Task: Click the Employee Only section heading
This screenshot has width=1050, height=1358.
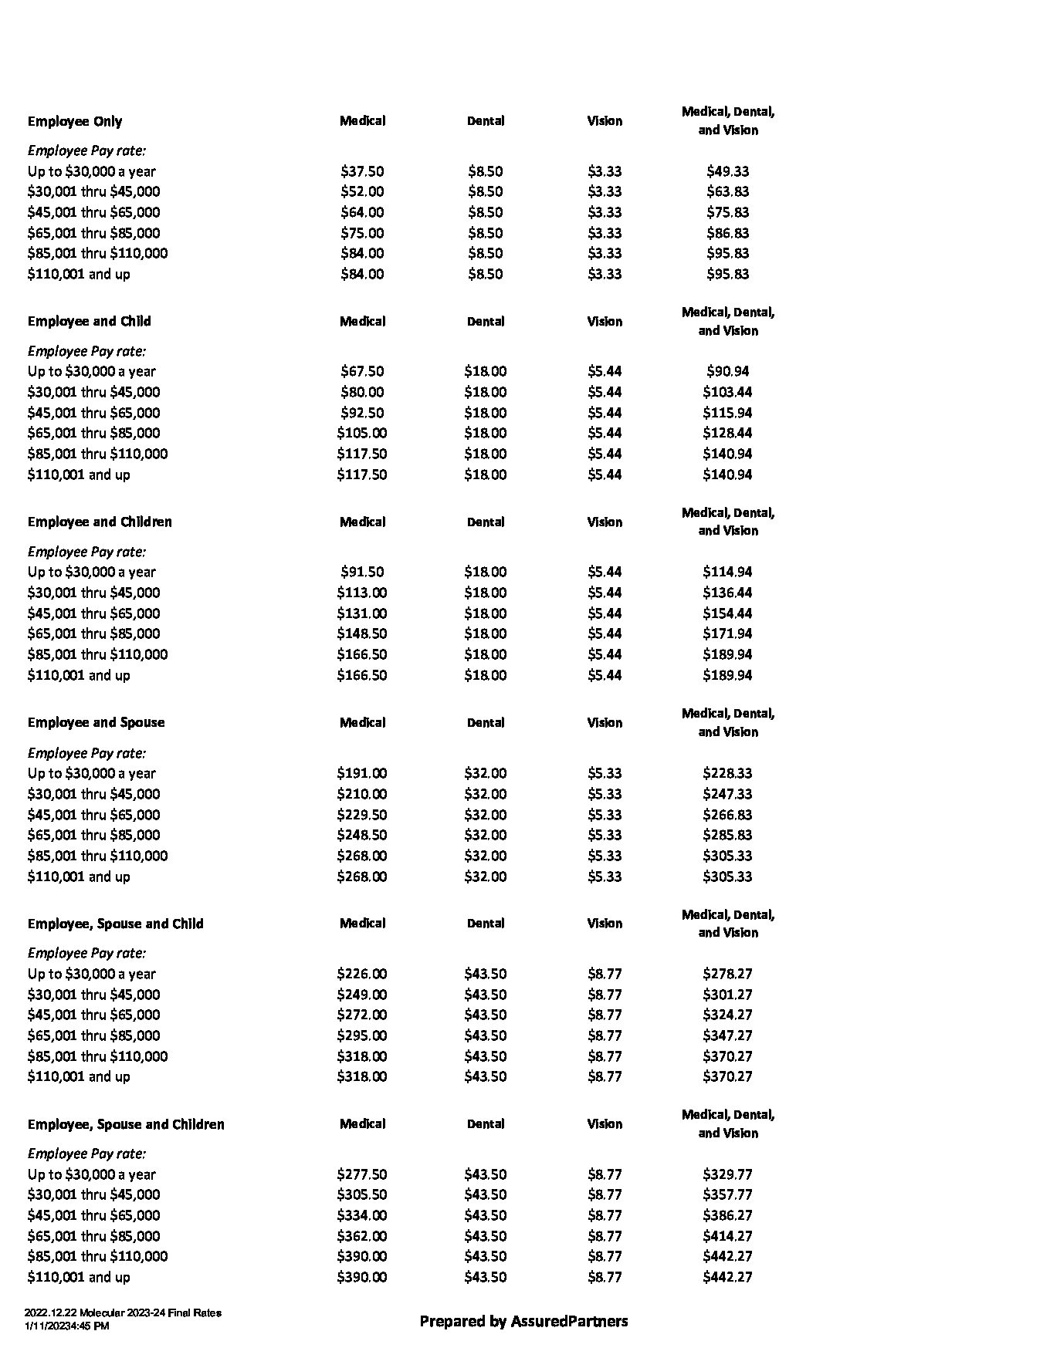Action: [75, 121]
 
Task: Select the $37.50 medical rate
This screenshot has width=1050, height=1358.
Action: [362, 171]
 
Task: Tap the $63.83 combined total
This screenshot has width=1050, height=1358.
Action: [727, 191]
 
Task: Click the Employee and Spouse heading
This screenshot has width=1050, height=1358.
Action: [96, 722]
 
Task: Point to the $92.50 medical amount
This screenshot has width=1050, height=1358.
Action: [362, 413]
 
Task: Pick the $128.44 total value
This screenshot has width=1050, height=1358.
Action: [727, 433]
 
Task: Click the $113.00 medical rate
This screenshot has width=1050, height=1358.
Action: [362, 593]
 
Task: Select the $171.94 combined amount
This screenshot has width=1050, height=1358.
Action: [727, 633]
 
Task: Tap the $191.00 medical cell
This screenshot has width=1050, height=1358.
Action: [362, 773]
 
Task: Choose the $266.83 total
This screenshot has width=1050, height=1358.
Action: [727, 815]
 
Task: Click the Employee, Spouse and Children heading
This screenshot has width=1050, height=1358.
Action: [126, 1124]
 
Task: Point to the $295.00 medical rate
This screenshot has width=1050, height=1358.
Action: [362, 1035]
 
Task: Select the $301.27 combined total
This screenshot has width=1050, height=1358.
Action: [727, 995]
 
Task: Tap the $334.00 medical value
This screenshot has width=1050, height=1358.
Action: [362, 1215]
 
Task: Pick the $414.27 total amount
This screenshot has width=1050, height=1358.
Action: [727, 1236]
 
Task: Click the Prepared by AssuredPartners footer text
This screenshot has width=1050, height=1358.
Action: [523, 1321]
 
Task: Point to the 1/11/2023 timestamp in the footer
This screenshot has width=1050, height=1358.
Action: [66, 1326]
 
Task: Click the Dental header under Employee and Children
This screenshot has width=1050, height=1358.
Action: [486, 522]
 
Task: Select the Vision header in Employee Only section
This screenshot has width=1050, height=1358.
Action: [605, 120]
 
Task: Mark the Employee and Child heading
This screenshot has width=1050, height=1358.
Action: [89, 321]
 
